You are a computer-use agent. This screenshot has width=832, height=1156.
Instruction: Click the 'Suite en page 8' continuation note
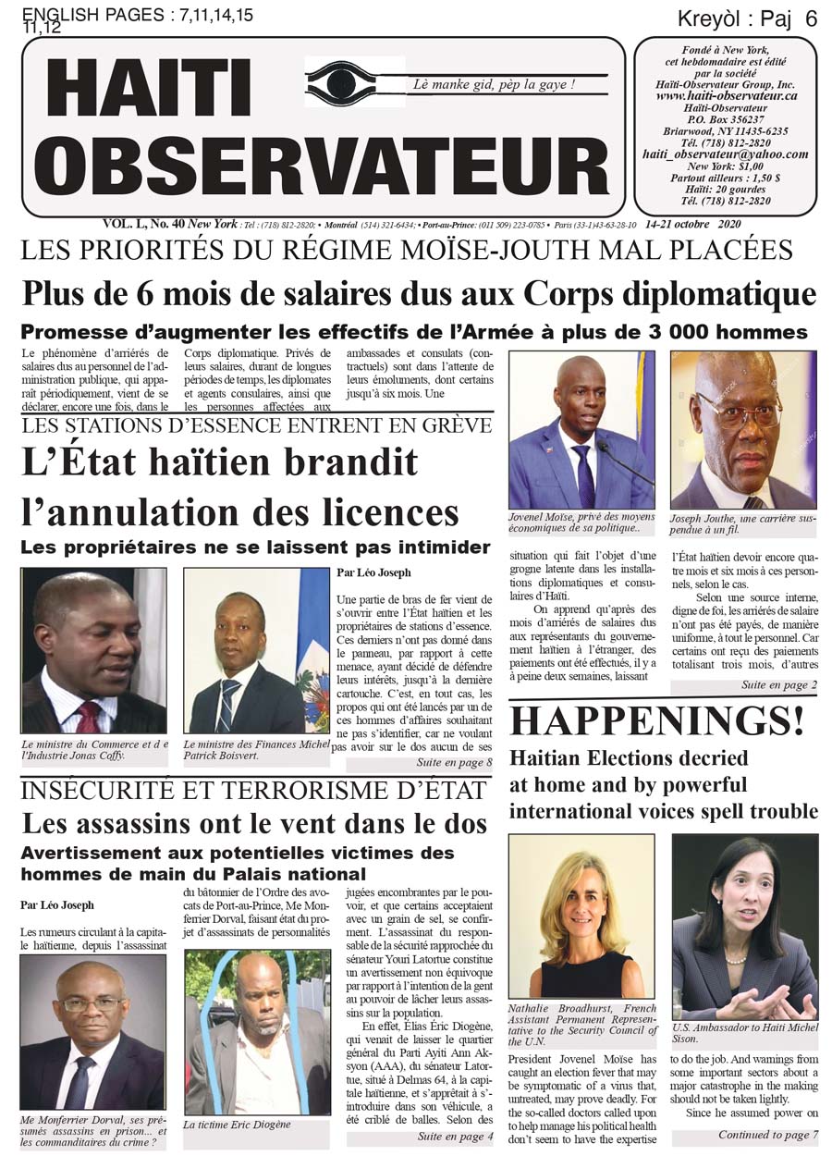(454, 763)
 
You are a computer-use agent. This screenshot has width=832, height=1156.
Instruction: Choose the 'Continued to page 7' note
(768, 1135)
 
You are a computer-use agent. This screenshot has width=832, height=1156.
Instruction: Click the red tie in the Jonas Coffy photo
(89, 718)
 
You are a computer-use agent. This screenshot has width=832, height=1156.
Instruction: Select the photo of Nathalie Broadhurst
(581, 916)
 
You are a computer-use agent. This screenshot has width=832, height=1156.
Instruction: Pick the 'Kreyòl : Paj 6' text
(746, 18)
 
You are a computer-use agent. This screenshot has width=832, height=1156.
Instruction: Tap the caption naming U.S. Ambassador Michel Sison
(744, 1034)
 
